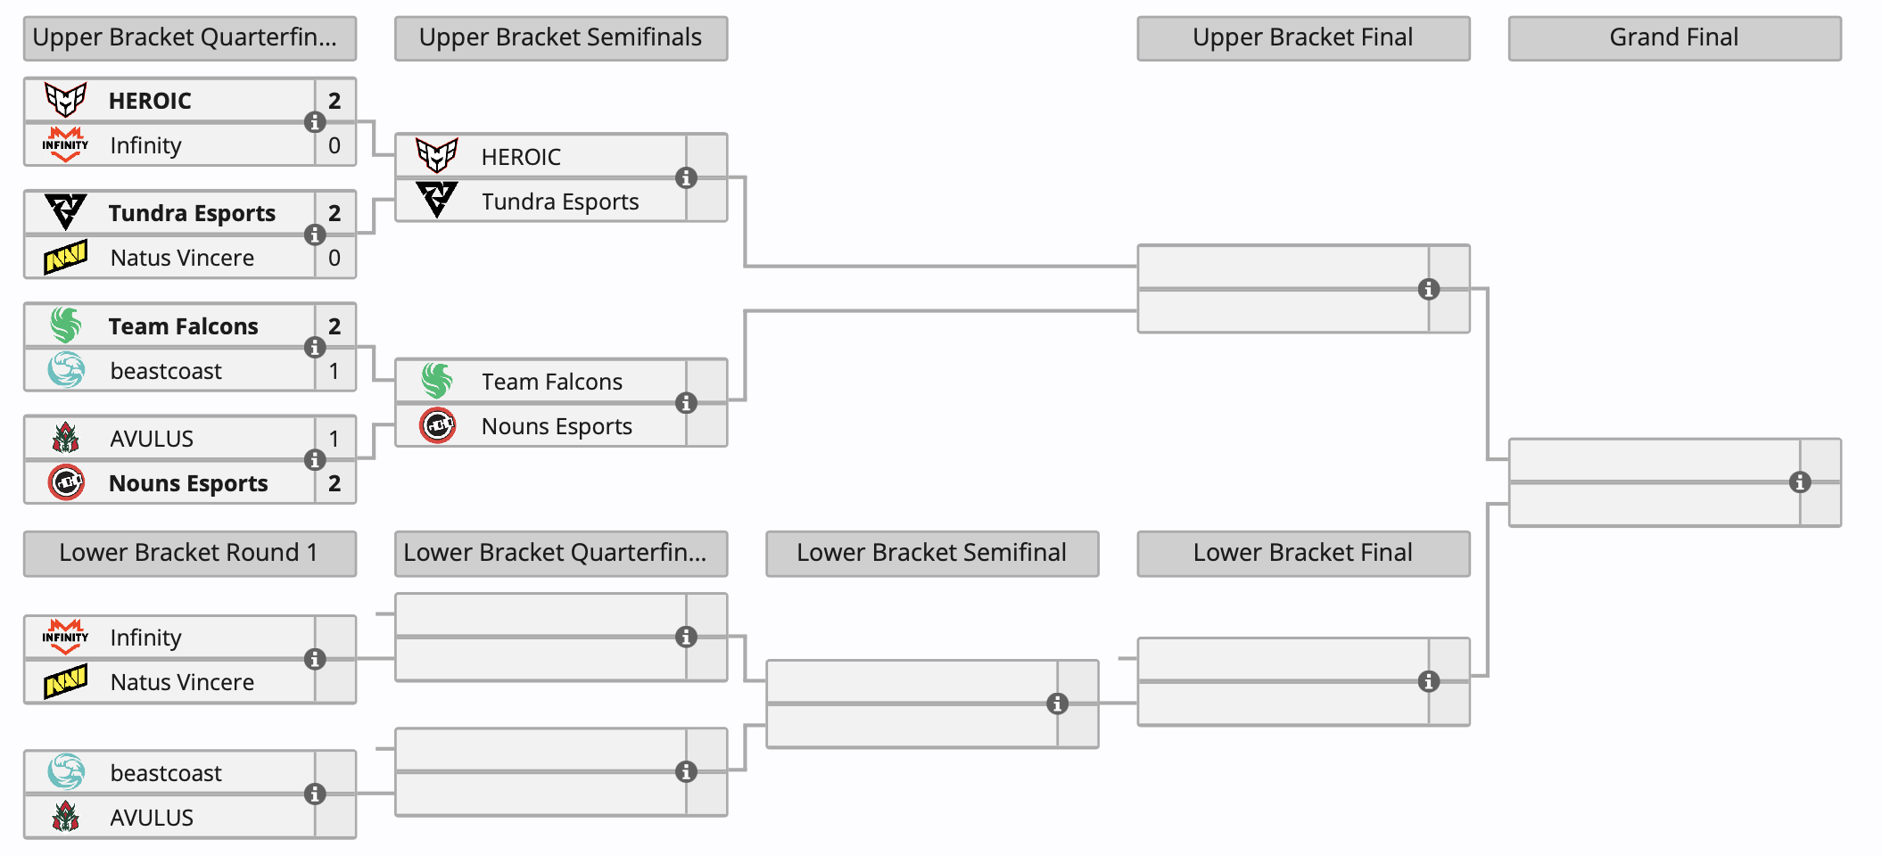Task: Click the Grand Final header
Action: tap(1674, 38)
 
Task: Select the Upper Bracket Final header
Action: tap(1303, 38)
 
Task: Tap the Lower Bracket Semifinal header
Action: tap(932, 554)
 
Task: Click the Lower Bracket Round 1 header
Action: tap(189, 554)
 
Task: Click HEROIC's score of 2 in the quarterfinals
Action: tap(334, 101)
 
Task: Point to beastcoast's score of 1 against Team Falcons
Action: tap(334, 371)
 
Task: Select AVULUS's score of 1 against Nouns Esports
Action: tap(334, 439)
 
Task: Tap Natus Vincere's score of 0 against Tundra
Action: tap(334, 258)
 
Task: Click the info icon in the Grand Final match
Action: tap(1800, 482)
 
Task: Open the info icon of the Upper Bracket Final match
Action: tap(1429, 289)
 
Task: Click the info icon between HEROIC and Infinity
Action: tap(315, 122)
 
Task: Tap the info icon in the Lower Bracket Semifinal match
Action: tap(1058, 704)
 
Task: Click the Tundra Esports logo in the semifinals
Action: tap(437, 201)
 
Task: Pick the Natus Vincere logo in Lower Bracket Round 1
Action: tap(66, 683)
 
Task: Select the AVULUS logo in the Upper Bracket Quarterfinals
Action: tap(66, 439)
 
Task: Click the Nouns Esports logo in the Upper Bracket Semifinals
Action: tap(438, 426)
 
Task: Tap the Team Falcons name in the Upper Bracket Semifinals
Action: tap(552, 382)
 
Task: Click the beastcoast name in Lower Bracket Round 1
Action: tap(166, 773)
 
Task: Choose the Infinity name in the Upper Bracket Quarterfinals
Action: tap(145, 145)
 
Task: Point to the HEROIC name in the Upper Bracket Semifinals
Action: tap(521, 157)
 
